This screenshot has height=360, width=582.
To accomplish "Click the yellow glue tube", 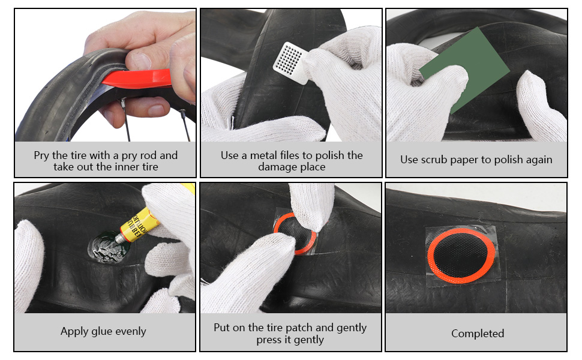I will [x=141, y=227].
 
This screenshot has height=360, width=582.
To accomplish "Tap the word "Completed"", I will [x=477, y=333].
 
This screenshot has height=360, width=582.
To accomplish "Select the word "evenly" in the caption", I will [x=132, y=331].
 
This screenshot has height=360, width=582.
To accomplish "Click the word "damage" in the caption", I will [x=281, y=167].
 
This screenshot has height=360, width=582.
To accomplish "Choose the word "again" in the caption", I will [x=537, y=160].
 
